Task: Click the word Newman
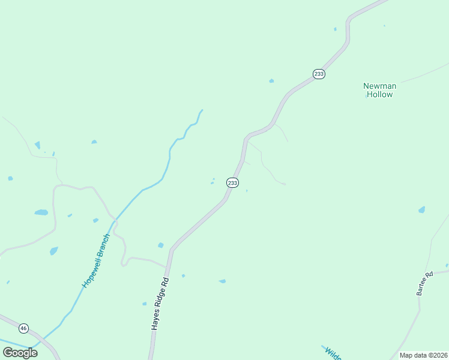tap(379, 86)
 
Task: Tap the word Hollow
tap(379, 94)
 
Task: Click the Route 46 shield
tap(23, 328)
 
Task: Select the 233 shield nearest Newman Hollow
tap(319, 74)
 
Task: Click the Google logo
tap(20, 353)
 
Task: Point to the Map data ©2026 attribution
tap(423, 355)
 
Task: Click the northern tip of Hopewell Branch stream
tap(202, 110)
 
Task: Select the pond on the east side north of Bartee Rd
tap(421, 210)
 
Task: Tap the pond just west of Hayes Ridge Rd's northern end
tap(160, 245)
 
